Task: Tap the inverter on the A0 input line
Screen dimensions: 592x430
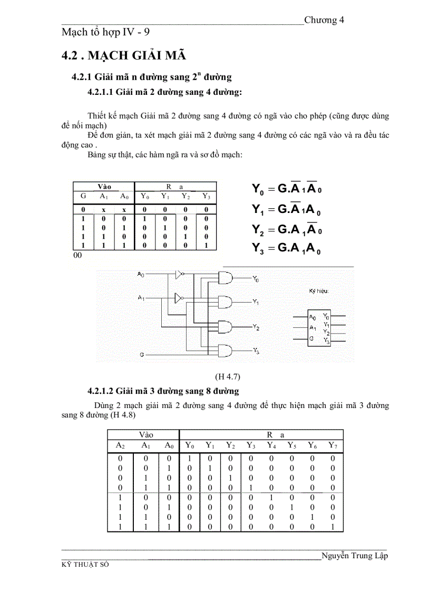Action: [180, 274]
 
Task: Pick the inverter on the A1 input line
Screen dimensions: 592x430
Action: [178, 296]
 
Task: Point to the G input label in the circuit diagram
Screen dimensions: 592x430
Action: [142, 355]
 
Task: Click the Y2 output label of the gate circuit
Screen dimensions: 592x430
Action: [256, 327]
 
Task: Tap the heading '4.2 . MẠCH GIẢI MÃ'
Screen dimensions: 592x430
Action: [123, 56]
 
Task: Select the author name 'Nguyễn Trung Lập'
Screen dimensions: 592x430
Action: [354, 556]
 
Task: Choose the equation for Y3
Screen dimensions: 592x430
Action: [287, 249]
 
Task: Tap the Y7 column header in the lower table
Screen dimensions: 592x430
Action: [333, 445]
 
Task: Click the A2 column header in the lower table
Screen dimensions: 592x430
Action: [120, 445]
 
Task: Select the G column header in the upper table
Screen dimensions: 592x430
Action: [83, 197]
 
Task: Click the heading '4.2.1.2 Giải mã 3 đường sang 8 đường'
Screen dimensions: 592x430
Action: [163, 391]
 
